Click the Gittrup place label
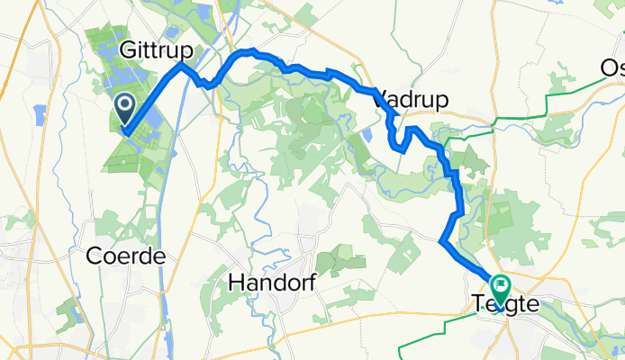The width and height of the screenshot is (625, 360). (x=155, y=46)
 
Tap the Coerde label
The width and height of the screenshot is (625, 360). (x=125, y=256)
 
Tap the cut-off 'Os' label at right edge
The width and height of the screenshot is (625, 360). (x=611, y=67)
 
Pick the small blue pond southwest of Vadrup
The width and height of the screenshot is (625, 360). (x=366, y=135)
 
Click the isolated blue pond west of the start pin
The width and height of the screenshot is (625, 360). (x=39, y=113)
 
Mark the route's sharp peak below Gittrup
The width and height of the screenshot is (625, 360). (x=182, y=65)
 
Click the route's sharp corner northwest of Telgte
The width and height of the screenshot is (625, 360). (x=440, y=242)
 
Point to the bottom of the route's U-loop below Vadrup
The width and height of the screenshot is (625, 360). (x=399, y=148)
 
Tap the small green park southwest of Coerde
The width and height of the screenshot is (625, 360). (x=67, y=310)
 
